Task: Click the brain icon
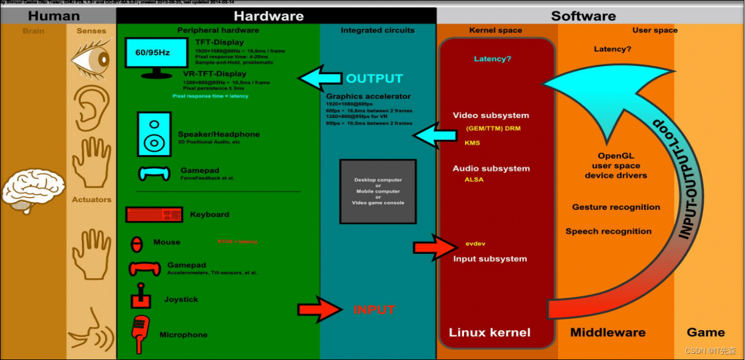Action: [x=33, y=190]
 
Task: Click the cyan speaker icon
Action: [x=154, y=134]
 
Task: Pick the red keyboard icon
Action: [x=154, y=214]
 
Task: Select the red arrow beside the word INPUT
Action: [x=319, y=309]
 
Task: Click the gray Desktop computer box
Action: [x=378, y=191]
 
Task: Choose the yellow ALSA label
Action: [x=474, y=179]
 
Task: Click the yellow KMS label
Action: [x=472, y=143]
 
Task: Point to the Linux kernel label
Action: [x=489, y=332]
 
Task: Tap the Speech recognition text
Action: [x=608, y=231]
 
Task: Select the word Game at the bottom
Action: [x=705, y=332]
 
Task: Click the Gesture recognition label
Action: [x=616, y=207]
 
